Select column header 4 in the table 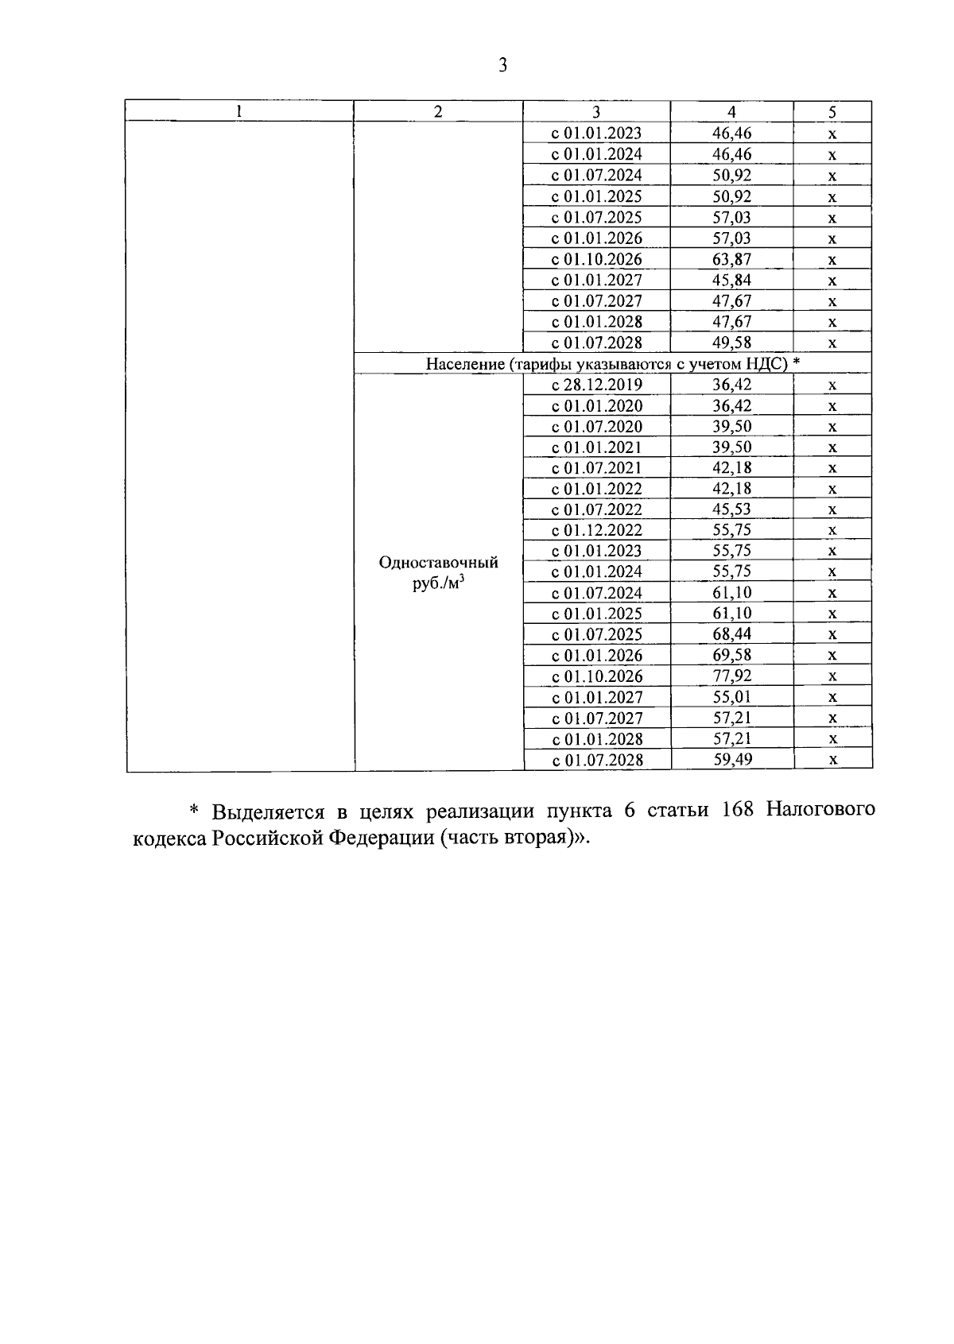(x=731, y=112)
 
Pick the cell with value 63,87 (x=731, y=259)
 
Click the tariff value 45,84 (x=731, y=280)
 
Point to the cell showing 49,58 (x=731, y=343)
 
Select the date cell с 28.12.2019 (x=597, y=385)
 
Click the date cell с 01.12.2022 (x=597, y=530)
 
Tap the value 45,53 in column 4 (x=731, y=509)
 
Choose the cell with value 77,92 (x=731, y=676)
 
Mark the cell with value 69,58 (x=731, y=655)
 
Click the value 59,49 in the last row (x=731, y=759)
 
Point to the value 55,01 (x=731, y=697)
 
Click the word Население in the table (x=465, y=364)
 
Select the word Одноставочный (x=438, y=563)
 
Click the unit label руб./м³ (x=438, y=584)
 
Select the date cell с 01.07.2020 (x=597, y=427)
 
